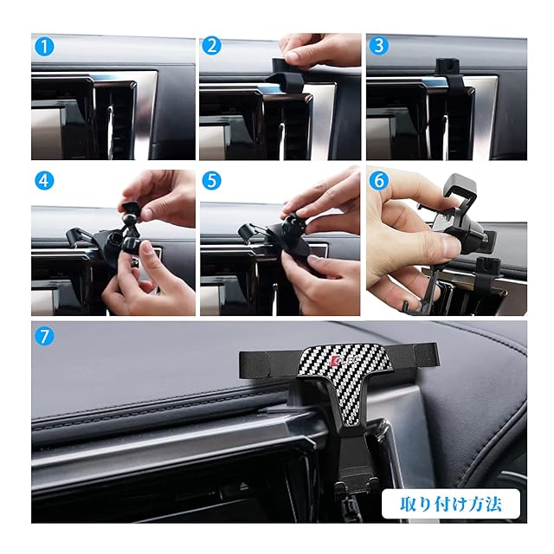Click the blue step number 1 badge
point(44,47)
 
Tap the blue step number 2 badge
point(211,46)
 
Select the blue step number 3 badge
point(378,46)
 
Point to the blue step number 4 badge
point(44,181)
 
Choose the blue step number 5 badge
point(211,181)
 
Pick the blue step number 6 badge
point(378,181)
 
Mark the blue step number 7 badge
point(44,336)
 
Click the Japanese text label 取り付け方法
point(450,504)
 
